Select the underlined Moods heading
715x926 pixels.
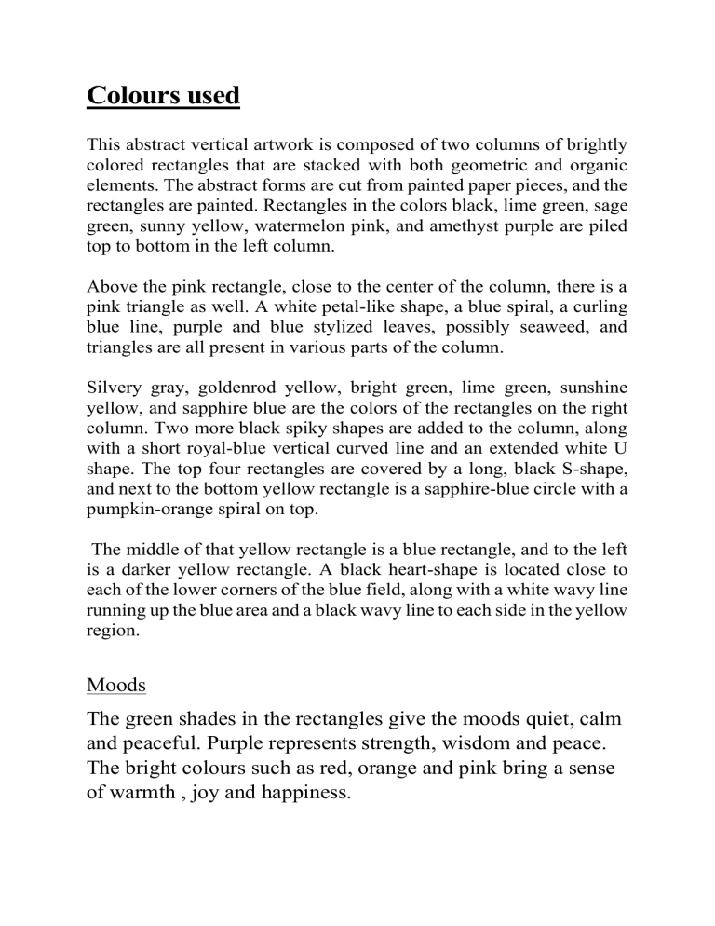point(116,685)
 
